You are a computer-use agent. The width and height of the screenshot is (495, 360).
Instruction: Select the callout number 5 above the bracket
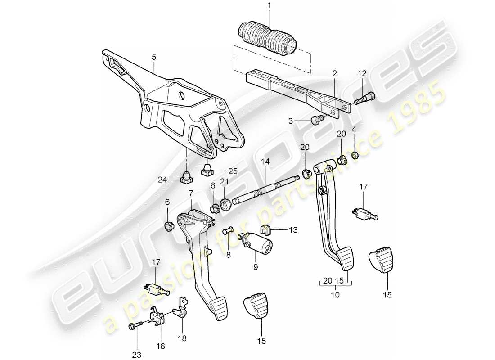point(153,57)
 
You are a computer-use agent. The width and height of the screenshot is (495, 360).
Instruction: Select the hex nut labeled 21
point(227,203)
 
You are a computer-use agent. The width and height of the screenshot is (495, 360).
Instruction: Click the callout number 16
point(161,346)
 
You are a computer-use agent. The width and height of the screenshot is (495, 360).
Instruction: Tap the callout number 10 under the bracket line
point(335,295)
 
